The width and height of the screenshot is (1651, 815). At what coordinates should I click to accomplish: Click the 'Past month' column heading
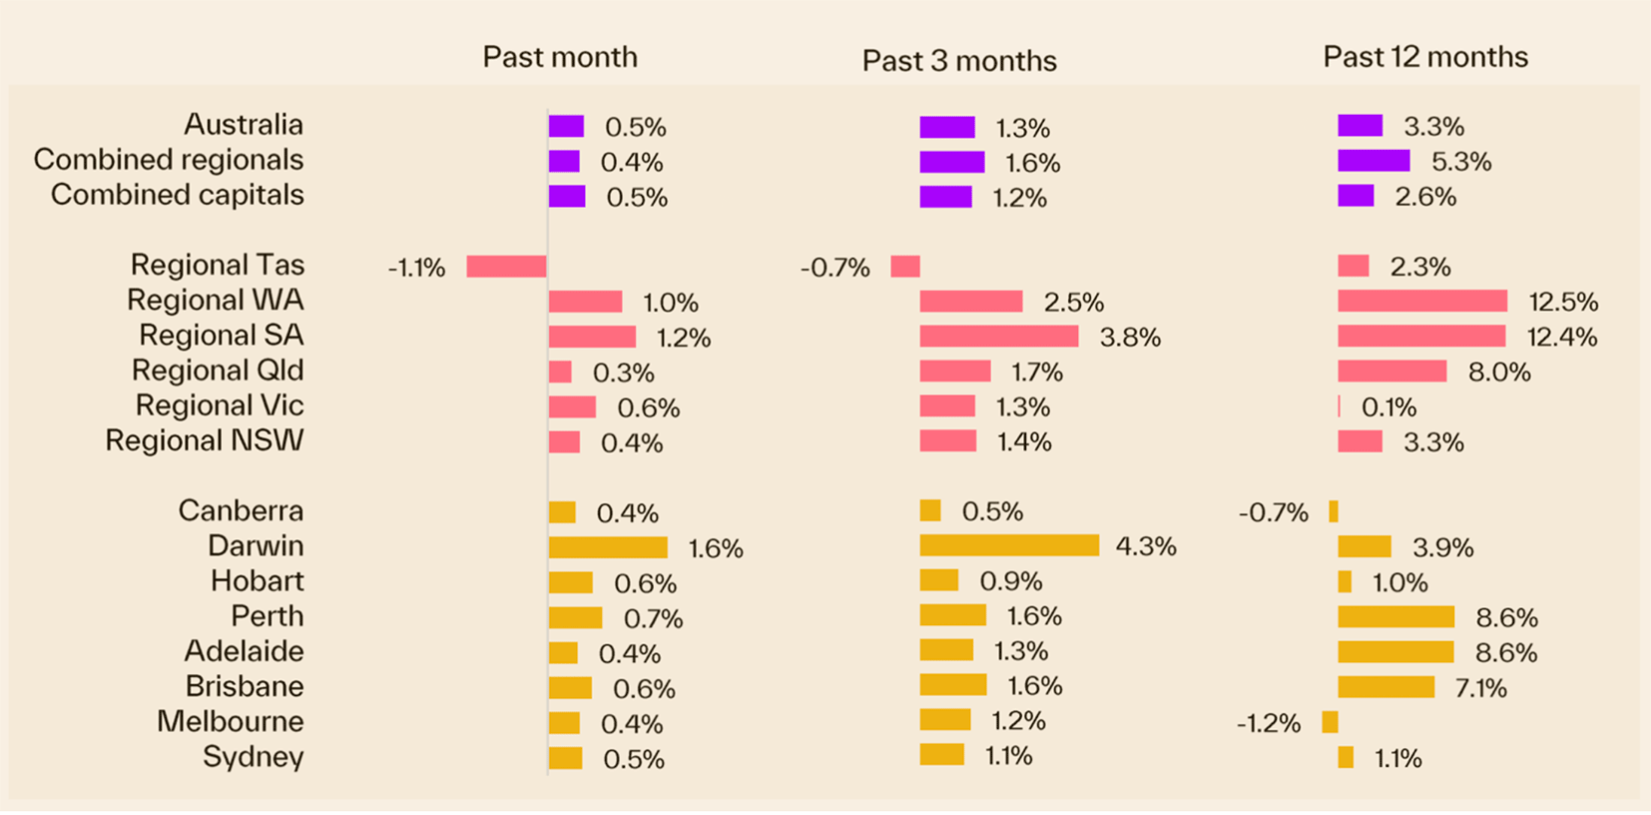point(559,57)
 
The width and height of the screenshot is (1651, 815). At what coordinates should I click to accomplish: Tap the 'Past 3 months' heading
point(958,61)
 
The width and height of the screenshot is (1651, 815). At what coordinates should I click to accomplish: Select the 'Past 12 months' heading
point(1424,57)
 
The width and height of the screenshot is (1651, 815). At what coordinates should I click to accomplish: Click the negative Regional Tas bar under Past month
point(506,267)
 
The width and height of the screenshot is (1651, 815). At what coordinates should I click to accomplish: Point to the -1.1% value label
point(416,268)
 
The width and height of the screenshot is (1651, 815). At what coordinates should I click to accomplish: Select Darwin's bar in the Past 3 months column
point(1008,545)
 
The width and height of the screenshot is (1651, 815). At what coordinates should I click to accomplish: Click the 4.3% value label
point(1145,546)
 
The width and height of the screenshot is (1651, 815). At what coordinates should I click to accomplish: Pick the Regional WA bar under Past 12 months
point(1421,302)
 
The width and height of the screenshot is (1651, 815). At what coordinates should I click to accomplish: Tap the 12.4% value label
point(1561,338)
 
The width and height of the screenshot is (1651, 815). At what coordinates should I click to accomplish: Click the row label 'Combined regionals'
point(168,160)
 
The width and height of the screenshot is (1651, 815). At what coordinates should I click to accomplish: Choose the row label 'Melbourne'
point(230,721)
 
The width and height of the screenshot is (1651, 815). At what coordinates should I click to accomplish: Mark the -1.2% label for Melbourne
point(1268,723)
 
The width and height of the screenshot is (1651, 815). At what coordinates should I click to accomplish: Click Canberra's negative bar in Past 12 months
point(1333,512)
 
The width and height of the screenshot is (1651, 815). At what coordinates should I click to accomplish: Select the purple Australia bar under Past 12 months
point(1360,126)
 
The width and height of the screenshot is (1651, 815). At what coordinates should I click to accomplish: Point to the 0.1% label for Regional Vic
point(1388,407)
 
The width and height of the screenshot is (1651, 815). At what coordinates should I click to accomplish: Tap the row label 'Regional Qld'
point(217,371)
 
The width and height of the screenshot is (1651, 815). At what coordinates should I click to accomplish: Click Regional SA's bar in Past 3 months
point(998,337)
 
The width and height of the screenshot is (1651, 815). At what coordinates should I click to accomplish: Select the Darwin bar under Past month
point(607,547)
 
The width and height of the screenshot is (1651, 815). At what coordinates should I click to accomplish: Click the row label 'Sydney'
point(253,757)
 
